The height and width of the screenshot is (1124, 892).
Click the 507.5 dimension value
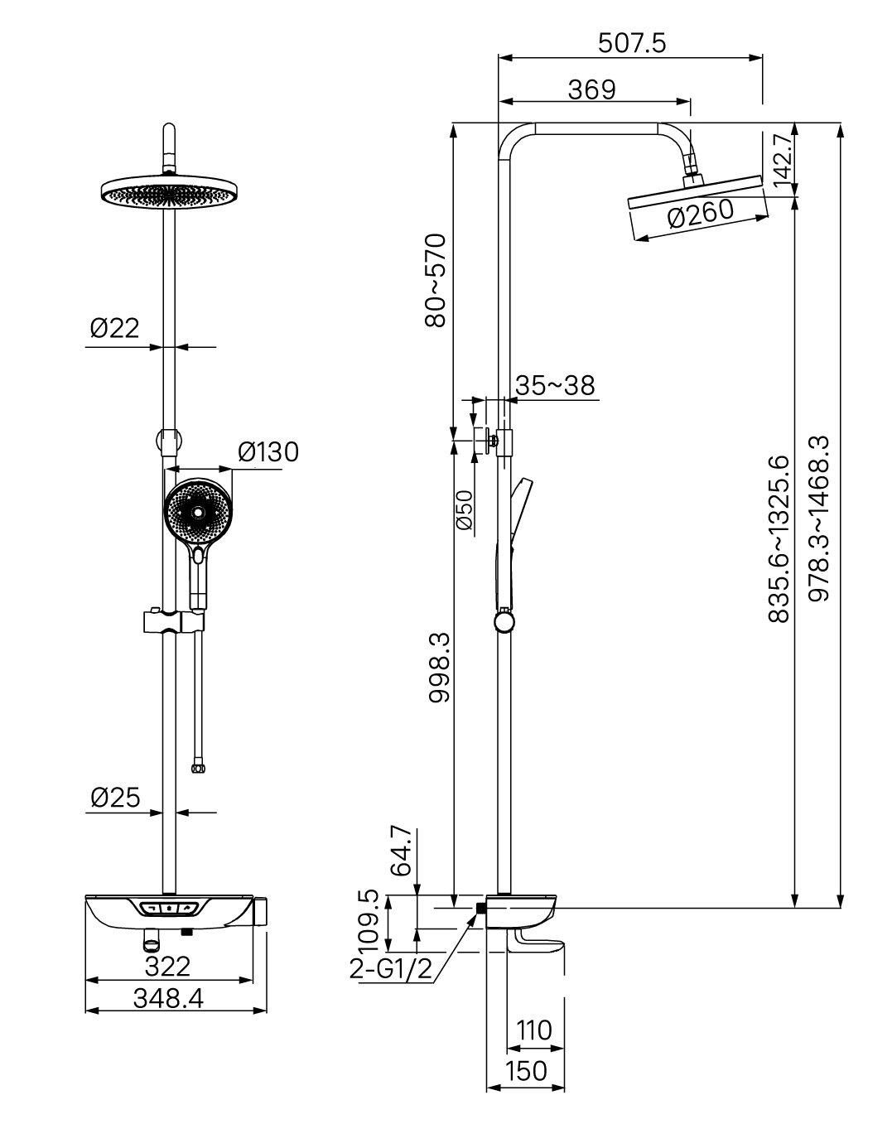[x=632, y=43]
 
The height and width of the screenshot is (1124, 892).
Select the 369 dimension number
[x=592, y=89]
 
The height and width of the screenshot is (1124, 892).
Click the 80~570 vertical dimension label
[x=436, y=281]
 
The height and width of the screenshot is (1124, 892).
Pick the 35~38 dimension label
[x=555, y=386]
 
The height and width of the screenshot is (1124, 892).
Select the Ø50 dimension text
[x=464, y=510]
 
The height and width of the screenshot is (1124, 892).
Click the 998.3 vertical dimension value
[x=439, y=668]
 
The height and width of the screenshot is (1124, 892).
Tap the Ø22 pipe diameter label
[x=115, y=328]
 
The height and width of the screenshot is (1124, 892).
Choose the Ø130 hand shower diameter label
[x=268, y=451]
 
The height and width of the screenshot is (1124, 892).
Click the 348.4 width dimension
[x=168, y=999]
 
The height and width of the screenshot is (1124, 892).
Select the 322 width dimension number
[x=167, y=967]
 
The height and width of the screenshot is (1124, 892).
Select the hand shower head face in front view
[x=198, y=514]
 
